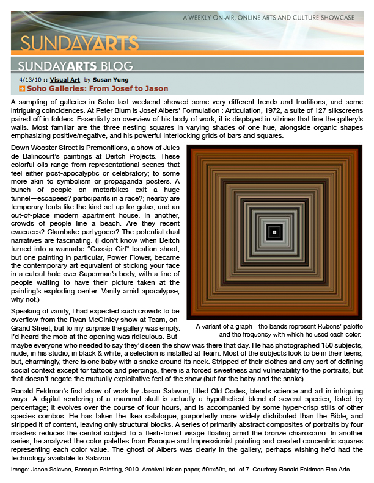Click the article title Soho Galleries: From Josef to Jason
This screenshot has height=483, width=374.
tap(97, 88)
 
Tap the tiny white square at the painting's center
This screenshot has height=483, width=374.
tap(275, 232)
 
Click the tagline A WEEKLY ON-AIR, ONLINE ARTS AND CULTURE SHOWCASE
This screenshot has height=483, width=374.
tap(269, 18)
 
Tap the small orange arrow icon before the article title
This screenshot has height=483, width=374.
tap(21, 89)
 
